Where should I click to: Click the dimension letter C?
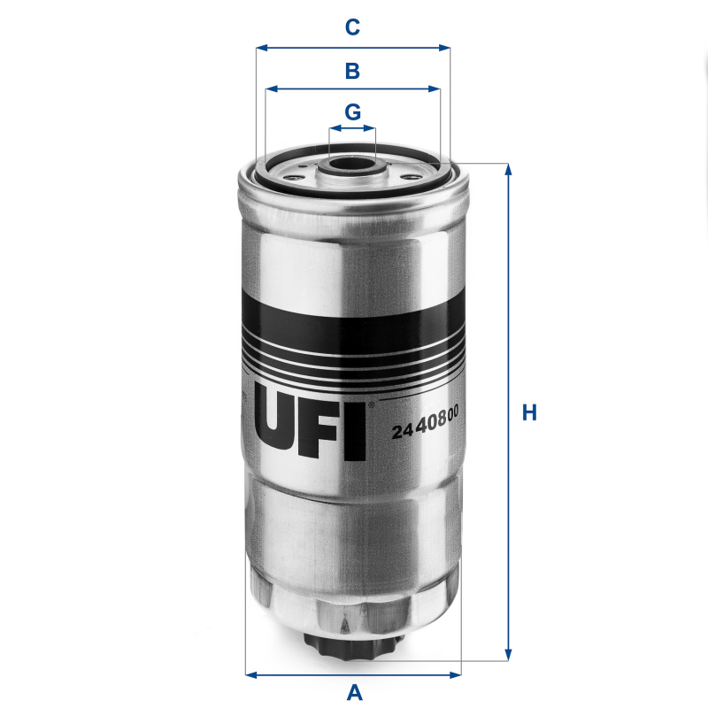(352, 27)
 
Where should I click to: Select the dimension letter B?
(352, 70)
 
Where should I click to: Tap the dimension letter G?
(352, 112)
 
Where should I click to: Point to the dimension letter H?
(529, 412)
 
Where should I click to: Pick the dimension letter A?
(354, 692)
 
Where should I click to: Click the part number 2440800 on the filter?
(430, 431)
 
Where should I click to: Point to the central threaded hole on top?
(352, 163)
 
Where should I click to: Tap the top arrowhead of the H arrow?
(508, 169)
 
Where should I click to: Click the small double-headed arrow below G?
(352, 129)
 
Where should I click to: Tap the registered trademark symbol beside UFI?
(372, 404)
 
